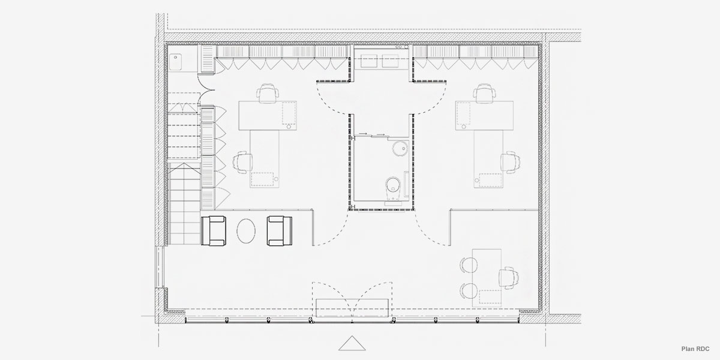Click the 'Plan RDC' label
(x=695, y=349)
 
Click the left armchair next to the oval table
(x=214, y=231)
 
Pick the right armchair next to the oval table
(x=280, y=231)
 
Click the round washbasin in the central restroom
(x=398, y=148)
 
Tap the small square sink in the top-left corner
(x=177, y=61)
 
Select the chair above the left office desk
(x=268, y=94)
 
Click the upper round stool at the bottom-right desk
(x=468, y=265)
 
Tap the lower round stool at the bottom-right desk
(x=468, y=292)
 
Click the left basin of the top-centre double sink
(x=368, y=59)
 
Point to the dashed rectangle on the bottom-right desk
(x=490, y=296)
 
